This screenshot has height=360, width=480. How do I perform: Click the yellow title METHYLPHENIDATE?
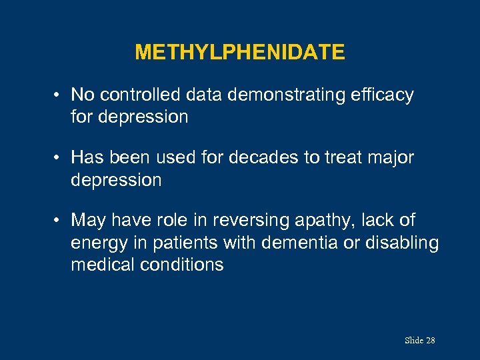239,52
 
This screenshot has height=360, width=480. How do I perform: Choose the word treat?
354,158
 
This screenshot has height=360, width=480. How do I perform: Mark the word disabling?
402,243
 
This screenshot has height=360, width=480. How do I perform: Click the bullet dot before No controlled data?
59,96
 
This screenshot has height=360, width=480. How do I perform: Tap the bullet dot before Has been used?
59,159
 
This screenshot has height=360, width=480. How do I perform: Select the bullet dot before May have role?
59,221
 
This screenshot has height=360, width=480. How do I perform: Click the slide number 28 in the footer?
430,341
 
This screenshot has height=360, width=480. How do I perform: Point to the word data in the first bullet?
204,95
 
